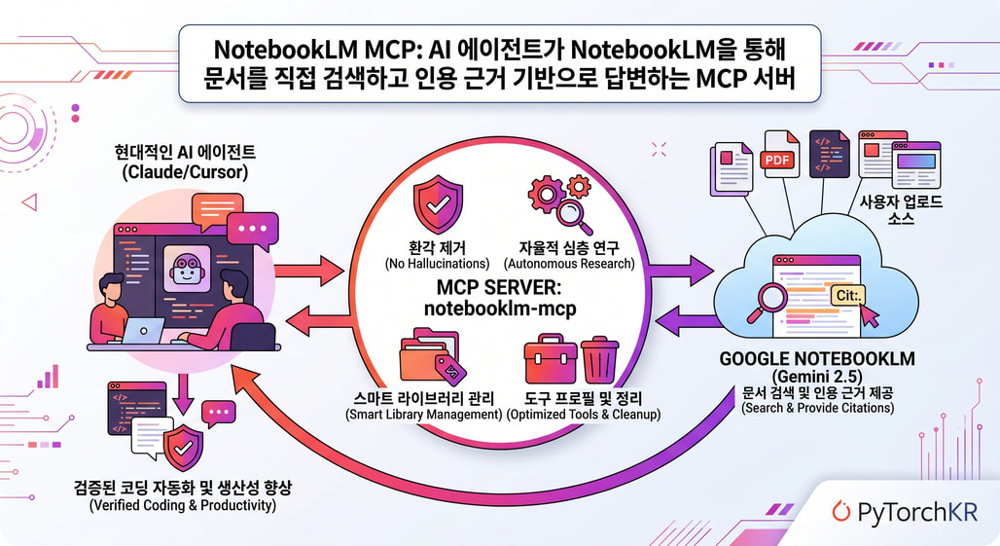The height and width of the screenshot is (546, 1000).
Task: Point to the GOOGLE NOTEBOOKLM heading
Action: tap(817, 358)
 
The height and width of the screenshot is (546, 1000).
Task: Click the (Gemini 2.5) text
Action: tap(817, 376)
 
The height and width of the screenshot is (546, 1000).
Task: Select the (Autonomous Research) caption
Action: tap(568, 264)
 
